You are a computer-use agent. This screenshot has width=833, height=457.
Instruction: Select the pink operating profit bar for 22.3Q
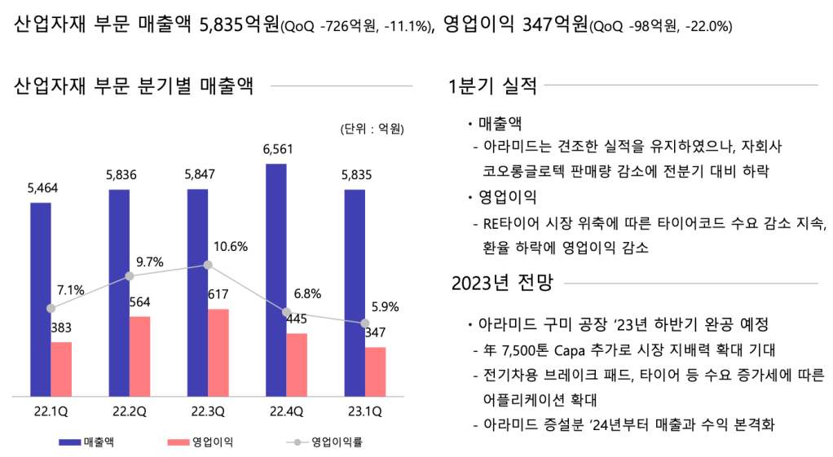(x=218, y=353)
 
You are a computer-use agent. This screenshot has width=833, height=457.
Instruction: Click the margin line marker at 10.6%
(x=208, y=265)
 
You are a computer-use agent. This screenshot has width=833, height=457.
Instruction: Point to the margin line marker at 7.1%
(x=51, y=309)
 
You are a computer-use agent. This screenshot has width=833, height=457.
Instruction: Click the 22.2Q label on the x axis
(x=130, y=411)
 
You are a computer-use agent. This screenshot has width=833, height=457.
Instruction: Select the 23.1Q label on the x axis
(x=364, y=411)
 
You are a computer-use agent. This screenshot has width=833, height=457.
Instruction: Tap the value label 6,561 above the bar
(x=278, y=149)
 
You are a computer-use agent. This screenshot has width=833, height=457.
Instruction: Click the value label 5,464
(x=42, y=187)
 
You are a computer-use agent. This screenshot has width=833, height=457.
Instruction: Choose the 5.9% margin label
(x=384, y=307)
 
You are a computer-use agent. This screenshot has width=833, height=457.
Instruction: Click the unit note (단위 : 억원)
(x=372, y=129)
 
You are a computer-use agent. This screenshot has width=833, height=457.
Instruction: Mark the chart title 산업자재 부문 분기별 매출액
(x=134, y=86)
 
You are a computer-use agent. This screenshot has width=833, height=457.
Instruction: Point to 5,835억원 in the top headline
(x=239, y=24)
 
